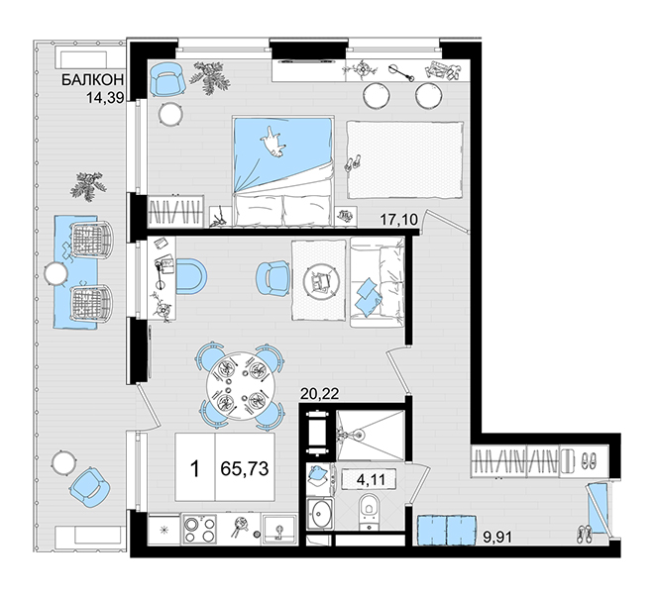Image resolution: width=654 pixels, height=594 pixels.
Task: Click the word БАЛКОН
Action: [92, 79]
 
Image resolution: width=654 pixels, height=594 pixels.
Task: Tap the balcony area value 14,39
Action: [105, 98]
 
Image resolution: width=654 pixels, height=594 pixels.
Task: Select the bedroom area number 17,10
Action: [399, 219]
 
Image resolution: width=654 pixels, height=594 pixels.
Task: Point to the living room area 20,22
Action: [319, 393]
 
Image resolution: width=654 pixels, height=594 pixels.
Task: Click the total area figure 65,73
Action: [245, 468]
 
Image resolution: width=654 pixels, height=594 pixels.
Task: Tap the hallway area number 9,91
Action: [497, 537]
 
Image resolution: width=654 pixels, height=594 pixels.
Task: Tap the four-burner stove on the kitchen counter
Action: [199, 528]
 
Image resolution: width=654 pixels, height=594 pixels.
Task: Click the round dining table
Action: [241, 386]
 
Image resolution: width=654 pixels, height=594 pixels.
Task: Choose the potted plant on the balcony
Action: [89, 186]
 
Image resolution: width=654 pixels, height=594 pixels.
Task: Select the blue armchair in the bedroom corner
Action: [167, 79]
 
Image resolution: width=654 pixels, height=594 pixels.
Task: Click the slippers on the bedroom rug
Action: [353, 162]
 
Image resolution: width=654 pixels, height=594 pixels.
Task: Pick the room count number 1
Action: [195, 469]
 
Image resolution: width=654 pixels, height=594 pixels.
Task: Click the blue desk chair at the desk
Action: [191, 276]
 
